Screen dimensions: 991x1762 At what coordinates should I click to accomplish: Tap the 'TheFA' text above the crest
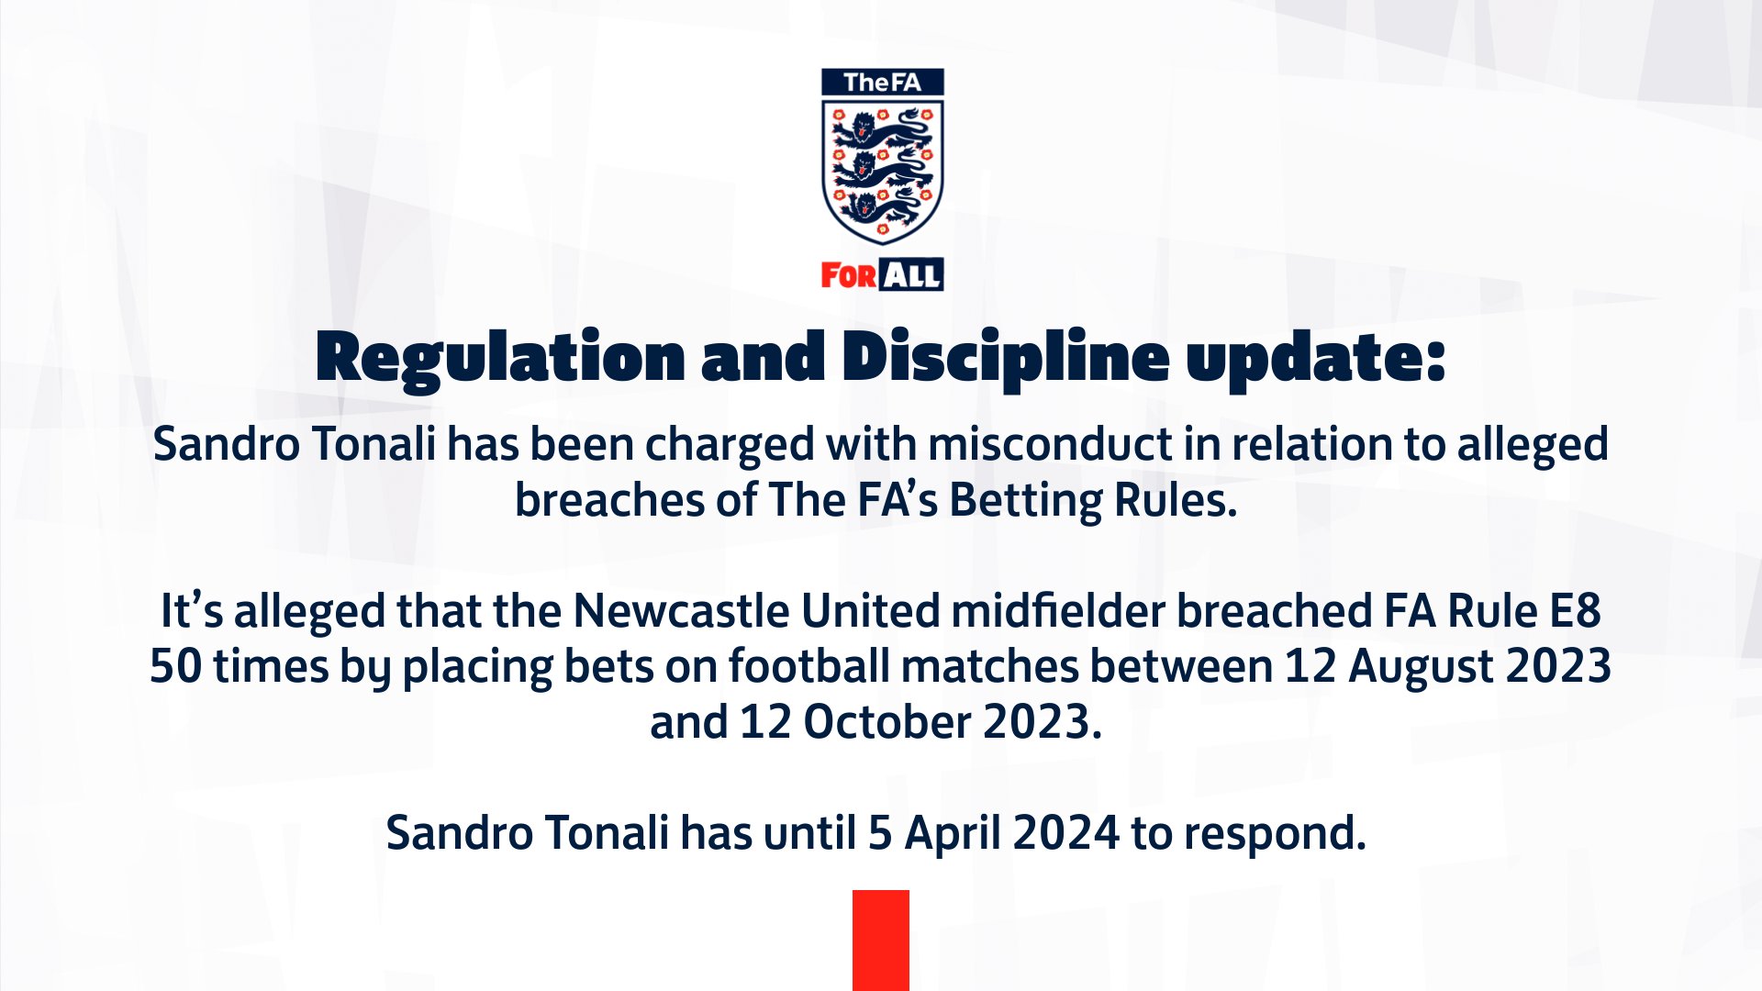882,83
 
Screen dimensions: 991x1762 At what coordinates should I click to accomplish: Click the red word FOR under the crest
848,275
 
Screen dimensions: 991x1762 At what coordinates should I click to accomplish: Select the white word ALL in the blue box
911,275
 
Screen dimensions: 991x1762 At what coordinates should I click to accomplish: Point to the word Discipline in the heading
1005,358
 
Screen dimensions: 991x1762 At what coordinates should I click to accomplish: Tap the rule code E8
1575,611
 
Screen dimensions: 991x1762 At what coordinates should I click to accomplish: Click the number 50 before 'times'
175,667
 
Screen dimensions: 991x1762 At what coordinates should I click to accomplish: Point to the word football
809,667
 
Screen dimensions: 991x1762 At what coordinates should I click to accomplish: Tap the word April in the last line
953,834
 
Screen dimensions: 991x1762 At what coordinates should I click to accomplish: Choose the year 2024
1065,834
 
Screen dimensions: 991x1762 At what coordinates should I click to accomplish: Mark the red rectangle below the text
880,940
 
